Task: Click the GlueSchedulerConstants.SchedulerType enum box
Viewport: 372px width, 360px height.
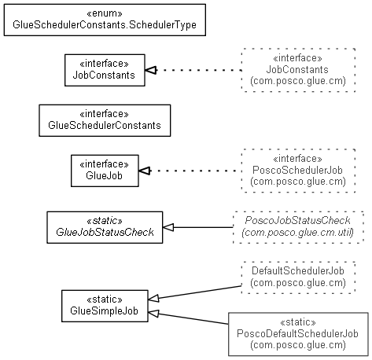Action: [105, 20]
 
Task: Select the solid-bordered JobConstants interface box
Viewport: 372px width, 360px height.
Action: [105, 70]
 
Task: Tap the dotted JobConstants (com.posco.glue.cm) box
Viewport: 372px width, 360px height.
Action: [298, 70]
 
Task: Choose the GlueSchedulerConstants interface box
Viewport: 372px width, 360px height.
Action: [105, 120]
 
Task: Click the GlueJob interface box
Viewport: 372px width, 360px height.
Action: [105, 171]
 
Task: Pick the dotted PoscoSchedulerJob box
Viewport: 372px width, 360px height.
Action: [298, 171]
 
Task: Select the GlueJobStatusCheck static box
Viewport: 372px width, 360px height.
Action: [105, 227]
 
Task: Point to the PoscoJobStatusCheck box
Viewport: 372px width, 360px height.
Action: [298, 227]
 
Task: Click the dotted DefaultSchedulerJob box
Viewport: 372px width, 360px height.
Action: [298, 277]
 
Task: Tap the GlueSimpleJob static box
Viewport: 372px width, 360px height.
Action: [105, 306]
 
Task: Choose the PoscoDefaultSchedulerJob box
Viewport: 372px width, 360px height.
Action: [298, 334]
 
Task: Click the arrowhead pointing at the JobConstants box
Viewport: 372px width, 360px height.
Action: [151, 70]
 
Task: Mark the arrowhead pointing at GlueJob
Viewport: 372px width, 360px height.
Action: [145, 171]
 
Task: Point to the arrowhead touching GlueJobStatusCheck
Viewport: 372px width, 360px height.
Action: [168, 227]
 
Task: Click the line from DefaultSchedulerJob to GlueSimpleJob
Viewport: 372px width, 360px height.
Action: [194, 292]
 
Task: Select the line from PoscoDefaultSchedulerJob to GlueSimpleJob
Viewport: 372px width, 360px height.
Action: [188, 318]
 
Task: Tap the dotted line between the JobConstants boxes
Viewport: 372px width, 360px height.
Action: [199, 70]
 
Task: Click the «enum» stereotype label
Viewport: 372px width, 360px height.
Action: [105, 13]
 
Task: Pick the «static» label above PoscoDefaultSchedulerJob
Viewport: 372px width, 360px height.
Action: [298, 321]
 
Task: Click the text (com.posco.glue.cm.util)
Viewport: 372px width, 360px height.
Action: [298, 233]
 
